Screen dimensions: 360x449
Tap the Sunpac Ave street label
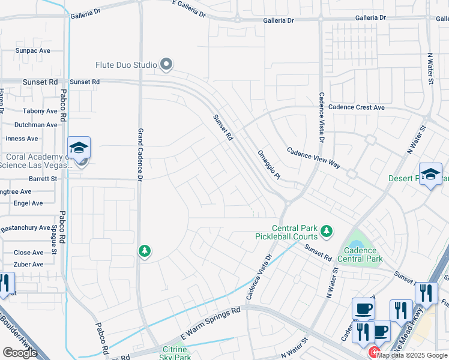coord(32,51)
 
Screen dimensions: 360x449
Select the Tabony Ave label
coord(40,111)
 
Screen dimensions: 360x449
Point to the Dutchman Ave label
coord(37,125)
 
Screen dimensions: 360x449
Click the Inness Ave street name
coord(22,139)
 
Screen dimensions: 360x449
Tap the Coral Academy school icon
coord(79,148)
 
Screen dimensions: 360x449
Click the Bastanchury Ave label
coord(25,228)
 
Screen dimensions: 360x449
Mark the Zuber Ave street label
coord(29,265)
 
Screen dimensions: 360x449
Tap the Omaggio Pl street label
coord(268,164)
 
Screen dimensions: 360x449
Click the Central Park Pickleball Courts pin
coord(327,230)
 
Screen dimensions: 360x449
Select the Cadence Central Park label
coord(360,255)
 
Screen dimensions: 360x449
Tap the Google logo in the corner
coord(20,353)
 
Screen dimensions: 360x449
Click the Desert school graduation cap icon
coord(430,174)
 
